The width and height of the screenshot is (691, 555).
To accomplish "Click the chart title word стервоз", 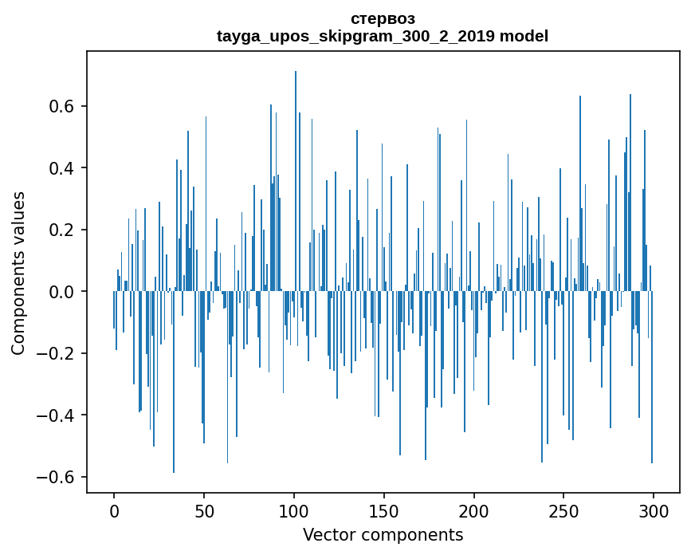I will [x=383, y=18].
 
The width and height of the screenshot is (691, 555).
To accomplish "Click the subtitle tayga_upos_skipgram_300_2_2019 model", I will [x=383, y=36].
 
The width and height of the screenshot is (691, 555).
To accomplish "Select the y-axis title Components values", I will [x=18, y=273].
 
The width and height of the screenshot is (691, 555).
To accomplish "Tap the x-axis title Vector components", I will [x=383, y=534].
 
